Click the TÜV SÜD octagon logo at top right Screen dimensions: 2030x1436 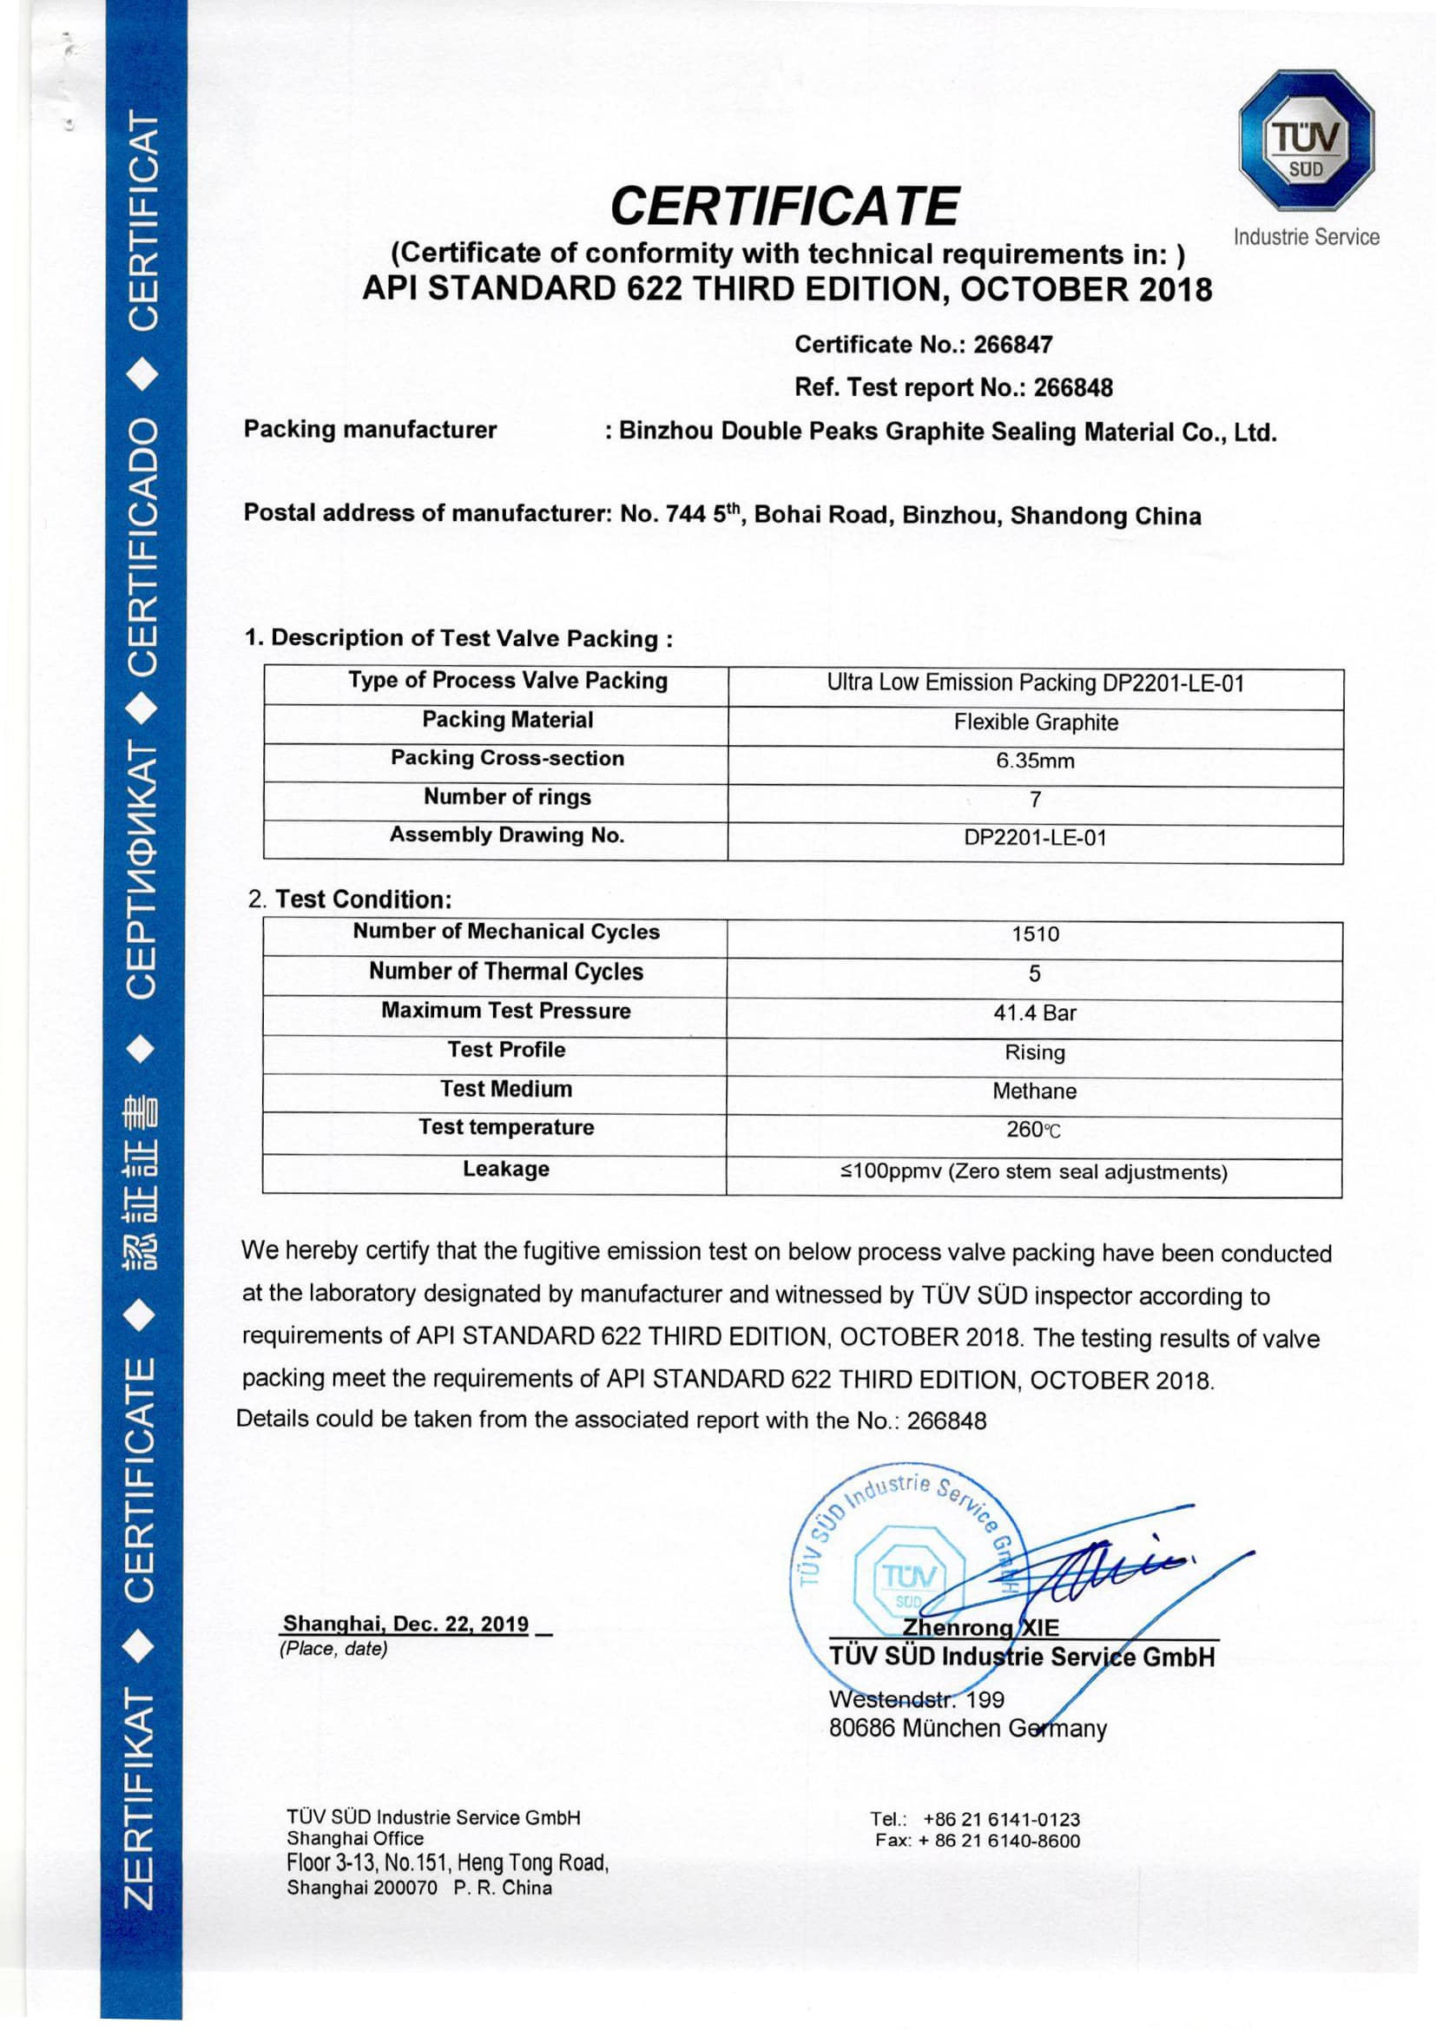pyautogui.click(x=1305, y=141)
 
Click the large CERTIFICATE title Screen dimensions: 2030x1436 pyautogui.click(x=783, y=206)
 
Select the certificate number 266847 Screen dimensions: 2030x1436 pyautogui.click(x=1012, y=345)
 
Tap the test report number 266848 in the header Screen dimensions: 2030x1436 pyautogui.click(x=1072, y=387)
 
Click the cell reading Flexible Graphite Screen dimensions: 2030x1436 pyautogui.click(x=1035, y=722)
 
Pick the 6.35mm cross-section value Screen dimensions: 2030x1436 pyautogui.click(x=1035, y=761)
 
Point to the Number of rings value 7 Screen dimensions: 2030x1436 pyautogui.click(x=1035, y=800)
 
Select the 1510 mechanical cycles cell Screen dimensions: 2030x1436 pyautogui.click(x=1035, y=933)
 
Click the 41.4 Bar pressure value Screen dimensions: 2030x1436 pyautogui.click(x=1035, y=1012)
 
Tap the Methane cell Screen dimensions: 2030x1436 pyautogui.click(x=1035, y=1091)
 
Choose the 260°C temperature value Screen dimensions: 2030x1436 pyautogui.click(x=1033, y=1130)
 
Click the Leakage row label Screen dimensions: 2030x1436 pyautogui.click(x=506, y=1169)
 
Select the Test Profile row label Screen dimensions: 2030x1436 pyautogui.click(x=506, y=1050)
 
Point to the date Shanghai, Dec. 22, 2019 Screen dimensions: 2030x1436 pyautogui.click(x=405, y=1625)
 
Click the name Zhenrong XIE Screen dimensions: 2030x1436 pyautogui.click(x=979, y=1628)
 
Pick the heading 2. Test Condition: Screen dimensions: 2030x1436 pyautogui.click(x=350, y=900)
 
